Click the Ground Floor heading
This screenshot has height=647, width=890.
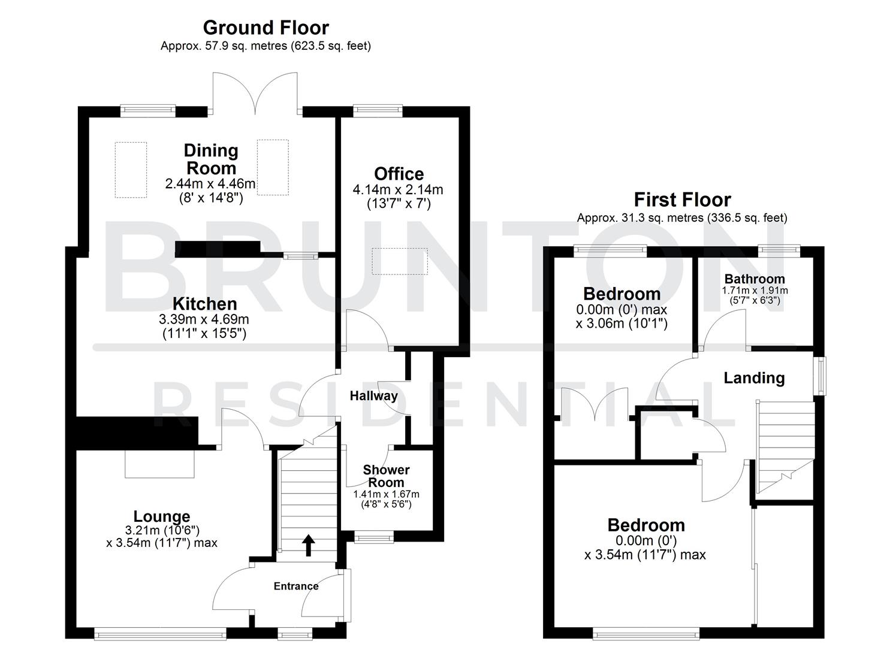pos(266,28)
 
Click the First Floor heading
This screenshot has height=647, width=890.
pos(682,199)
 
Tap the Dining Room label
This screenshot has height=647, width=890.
pos(210,159)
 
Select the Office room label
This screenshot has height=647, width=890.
pos(399,174)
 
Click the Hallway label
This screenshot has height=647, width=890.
pos(373,396)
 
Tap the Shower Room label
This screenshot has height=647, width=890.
pos(386,476)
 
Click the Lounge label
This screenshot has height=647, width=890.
pos(161,516)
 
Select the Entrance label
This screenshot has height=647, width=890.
pos(296,586)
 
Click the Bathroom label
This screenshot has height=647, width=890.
pos(755,279)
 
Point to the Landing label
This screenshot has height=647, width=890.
pos(754,378)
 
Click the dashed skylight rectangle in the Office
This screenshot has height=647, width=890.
pos(399,261)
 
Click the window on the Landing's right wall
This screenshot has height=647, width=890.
pos(819,376)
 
